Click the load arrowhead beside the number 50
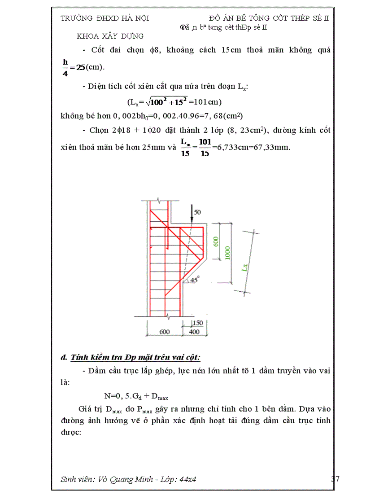pos(192,219)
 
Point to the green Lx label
pos(244,268)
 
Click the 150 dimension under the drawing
pos(197,323)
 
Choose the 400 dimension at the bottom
pos(194,332)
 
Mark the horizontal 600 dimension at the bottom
pos(165,332)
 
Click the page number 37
pos(335,479)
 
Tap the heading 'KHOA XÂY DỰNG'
pos(110,36)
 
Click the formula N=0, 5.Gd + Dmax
pos(136,396)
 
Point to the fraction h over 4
pos(65,67)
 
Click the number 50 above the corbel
pos(198,211)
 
